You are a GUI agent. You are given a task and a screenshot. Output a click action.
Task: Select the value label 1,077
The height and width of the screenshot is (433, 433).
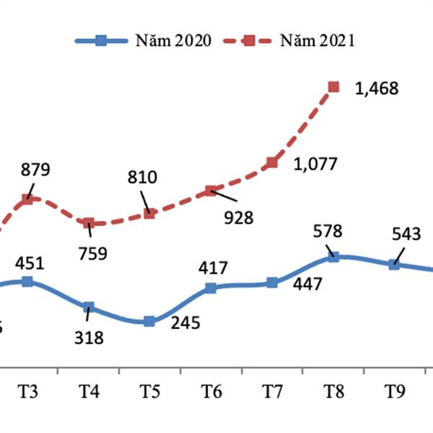(x=315, y=165)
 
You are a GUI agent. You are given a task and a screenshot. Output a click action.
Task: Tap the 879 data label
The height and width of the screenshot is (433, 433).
(x=35, y=170)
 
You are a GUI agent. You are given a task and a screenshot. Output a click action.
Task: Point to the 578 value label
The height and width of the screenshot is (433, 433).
(x=328, y=232)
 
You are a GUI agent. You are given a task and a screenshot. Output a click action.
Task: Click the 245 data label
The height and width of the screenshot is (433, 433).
(x=185, y=324)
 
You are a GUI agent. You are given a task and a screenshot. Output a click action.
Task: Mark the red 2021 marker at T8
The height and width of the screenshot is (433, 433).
(x=333, y=87)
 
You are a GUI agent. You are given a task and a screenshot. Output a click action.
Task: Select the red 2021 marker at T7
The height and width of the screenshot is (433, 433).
(x=272, y=163)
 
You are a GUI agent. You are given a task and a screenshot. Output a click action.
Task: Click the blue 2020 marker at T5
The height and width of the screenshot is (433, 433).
(x=149, y=321)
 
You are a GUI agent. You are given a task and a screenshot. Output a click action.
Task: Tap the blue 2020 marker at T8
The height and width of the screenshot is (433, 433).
(x=333, y=256)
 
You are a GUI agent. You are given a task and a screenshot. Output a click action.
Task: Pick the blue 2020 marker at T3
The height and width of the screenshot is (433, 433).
(x=27, y=281)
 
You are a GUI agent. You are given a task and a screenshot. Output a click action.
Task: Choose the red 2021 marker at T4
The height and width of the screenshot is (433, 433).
(x=88, y=224)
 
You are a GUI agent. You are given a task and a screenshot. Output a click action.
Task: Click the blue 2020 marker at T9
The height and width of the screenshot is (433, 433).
(x=394, y=264)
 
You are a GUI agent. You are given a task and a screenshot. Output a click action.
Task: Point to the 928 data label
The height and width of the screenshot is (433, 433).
(x=238, y=216)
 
